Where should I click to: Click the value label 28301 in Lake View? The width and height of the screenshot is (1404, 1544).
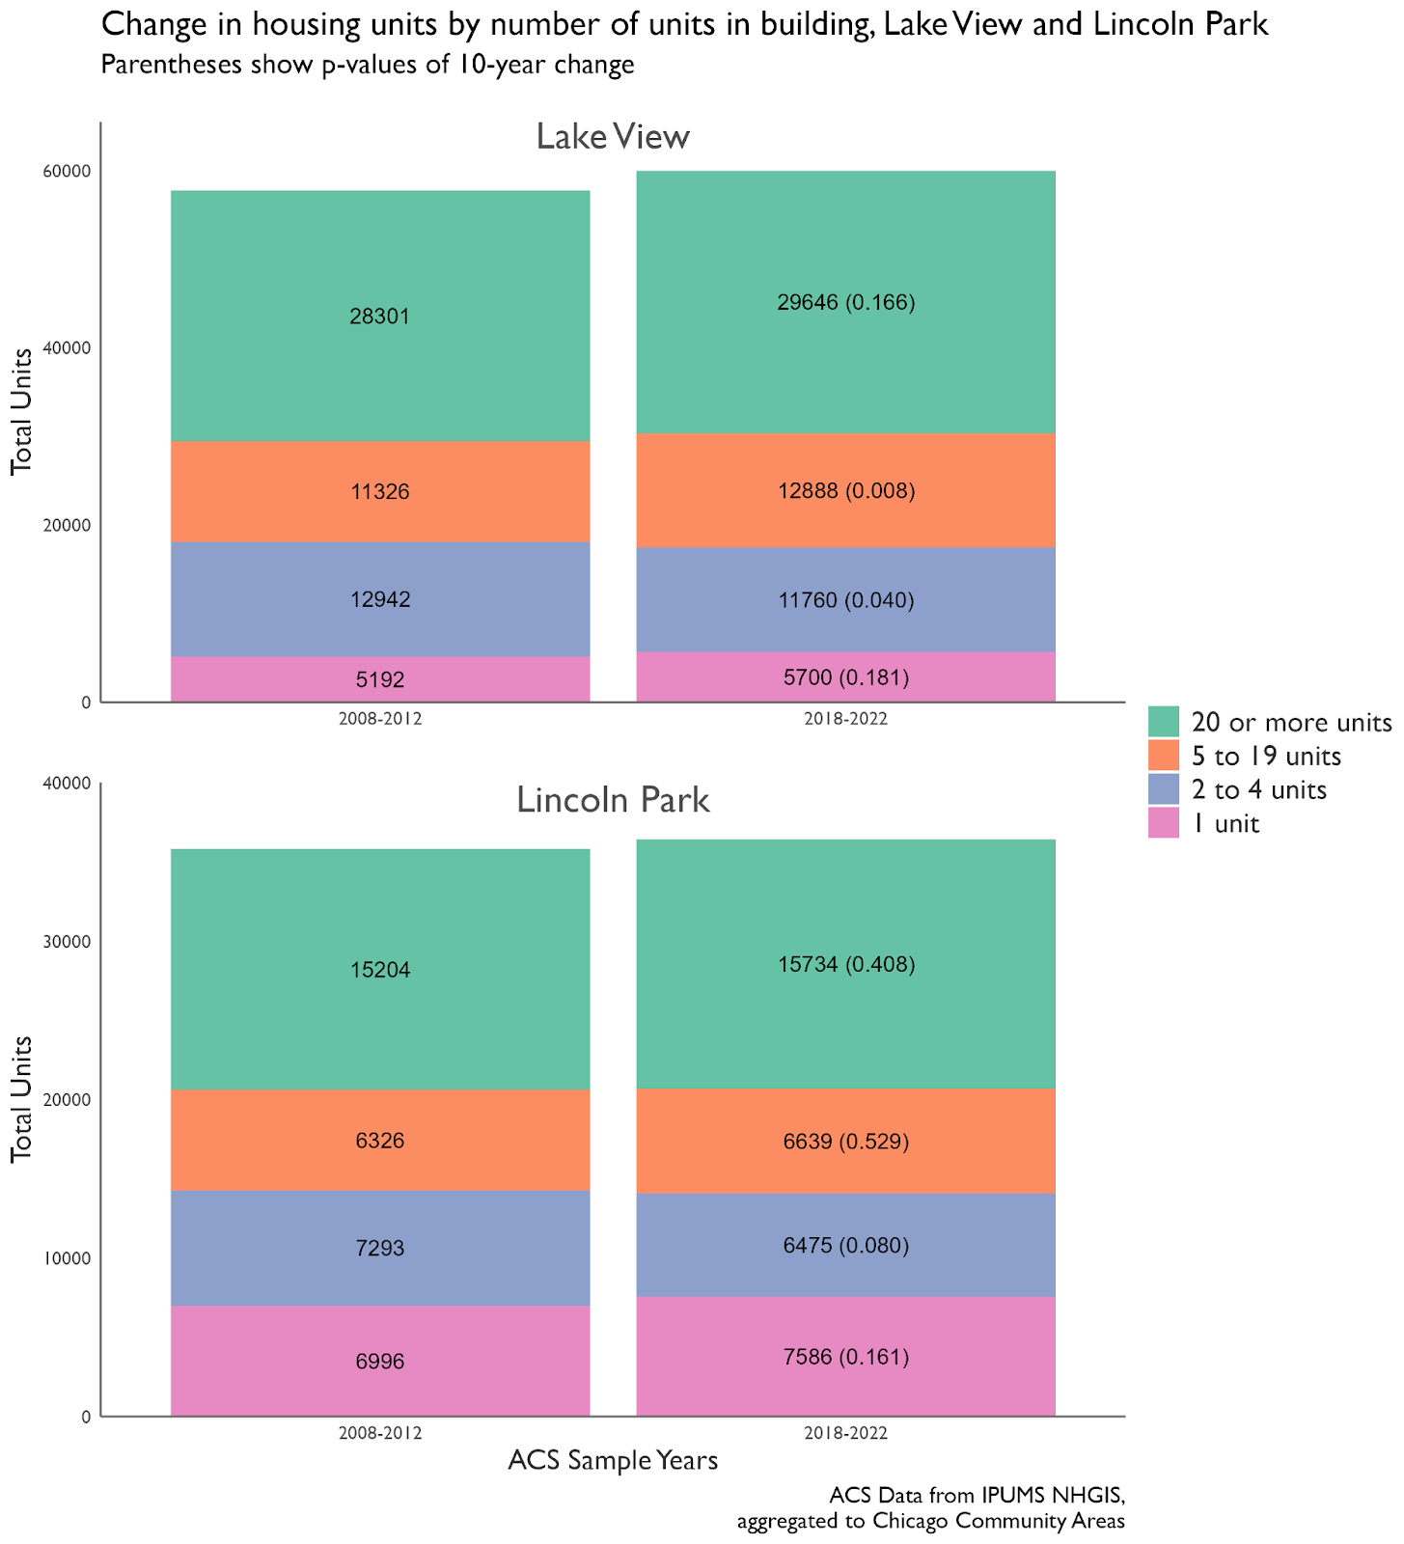point(380,317)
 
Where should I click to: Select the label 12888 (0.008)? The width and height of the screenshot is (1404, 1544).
point(845,491)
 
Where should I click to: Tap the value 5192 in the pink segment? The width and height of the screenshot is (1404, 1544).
point(380,680)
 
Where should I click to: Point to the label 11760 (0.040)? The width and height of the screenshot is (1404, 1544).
point(845,600)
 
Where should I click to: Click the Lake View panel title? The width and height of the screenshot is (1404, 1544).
point(613,137)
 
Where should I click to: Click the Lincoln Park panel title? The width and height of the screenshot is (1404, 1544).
point(613,800)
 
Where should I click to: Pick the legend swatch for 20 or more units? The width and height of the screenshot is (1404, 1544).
point(1164,721)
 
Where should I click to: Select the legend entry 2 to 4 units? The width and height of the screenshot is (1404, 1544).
point(1258,789)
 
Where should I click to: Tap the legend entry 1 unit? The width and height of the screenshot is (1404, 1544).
point(1225,824)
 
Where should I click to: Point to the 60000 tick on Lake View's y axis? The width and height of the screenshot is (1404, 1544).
point(67,171)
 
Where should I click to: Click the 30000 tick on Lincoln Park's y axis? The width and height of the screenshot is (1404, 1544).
point(67,942)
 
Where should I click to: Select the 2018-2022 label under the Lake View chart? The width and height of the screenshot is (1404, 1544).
point(845,720)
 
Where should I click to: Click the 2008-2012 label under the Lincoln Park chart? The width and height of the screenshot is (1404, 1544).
point(380,1434)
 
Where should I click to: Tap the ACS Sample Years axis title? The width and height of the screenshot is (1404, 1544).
point(613,1460)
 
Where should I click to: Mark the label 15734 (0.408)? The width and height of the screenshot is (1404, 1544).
point(845,964)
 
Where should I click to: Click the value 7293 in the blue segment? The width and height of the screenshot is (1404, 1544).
point(380,1249)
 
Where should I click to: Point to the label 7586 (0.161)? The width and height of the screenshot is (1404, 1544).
point(845,1357)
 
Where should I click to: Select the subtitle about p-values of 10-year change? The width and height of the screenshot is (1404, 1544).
point(367,65)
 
